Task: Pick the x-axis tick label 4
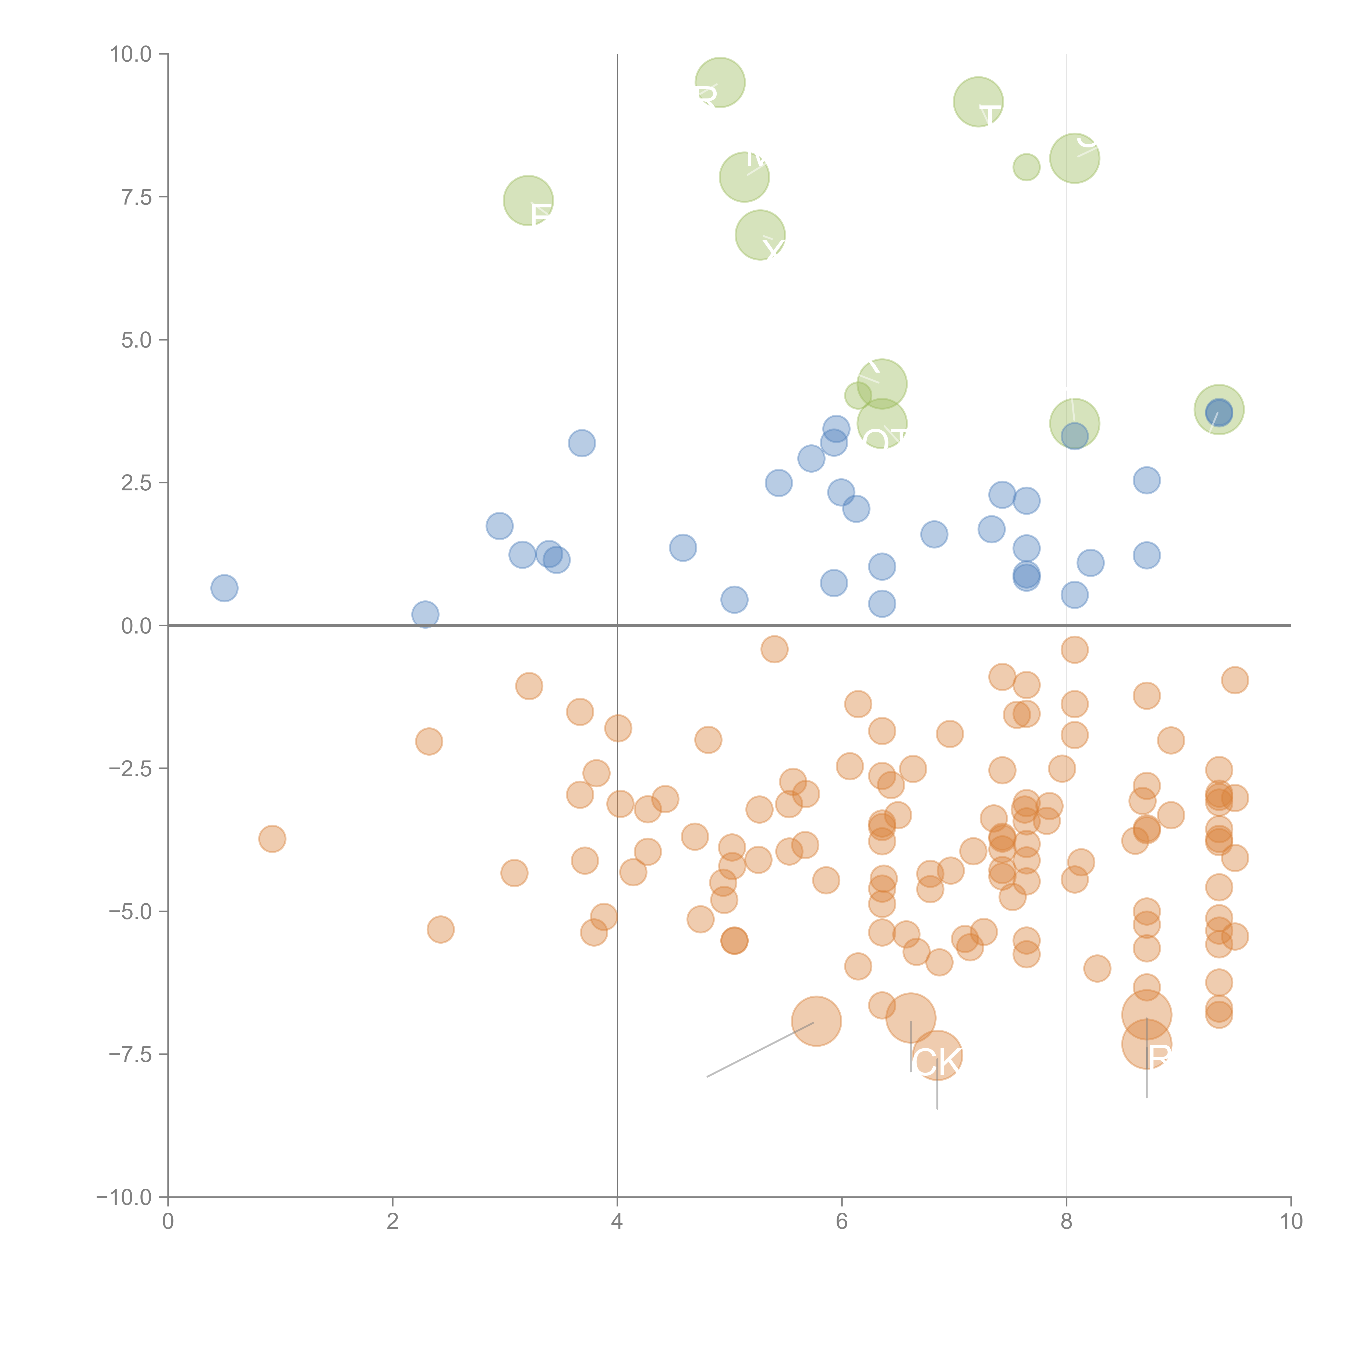click(617, 1222)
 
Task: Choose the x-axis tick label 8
click(1067, 1222)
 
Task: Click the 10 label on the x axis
click(1291, 1222)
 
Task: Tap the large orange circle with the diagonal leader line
click(817, 1021)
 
